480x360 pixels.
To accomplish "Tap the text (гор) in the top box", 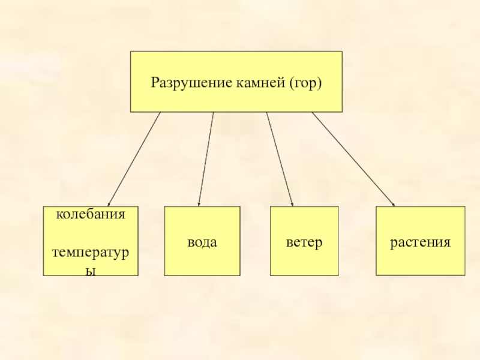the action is coord(305,82).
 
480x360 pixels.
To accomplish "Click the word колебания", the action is coord(91,214).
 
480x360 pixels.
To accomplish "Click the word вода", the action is coord(202,242).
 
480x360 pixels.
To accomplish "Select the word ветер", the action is coord(304,242).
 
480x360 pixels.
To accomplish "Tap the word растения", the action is coord(420,242).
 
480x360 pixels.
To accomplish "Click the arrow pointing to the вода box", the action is coord(206,159).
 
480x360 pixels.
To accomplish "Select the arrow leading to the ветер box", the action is coord(280,159).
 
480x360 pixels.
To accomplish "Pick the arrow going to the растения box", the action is coord(353,159).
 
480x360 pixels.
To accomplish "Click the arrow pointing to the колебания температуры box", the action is coord(134,159).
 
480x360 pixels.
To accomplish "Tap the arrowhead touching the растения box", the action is coord(393,205).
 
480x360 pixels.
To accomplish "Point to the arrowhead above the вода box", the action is coord(199,205).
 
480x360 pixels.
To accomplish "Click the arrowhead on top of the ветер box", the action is coord(292,205).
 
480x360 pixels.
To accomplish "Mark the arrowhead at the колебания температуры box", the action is coord(109,205).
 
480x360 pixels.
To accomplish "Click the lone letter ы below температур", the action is coord(91,271).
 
